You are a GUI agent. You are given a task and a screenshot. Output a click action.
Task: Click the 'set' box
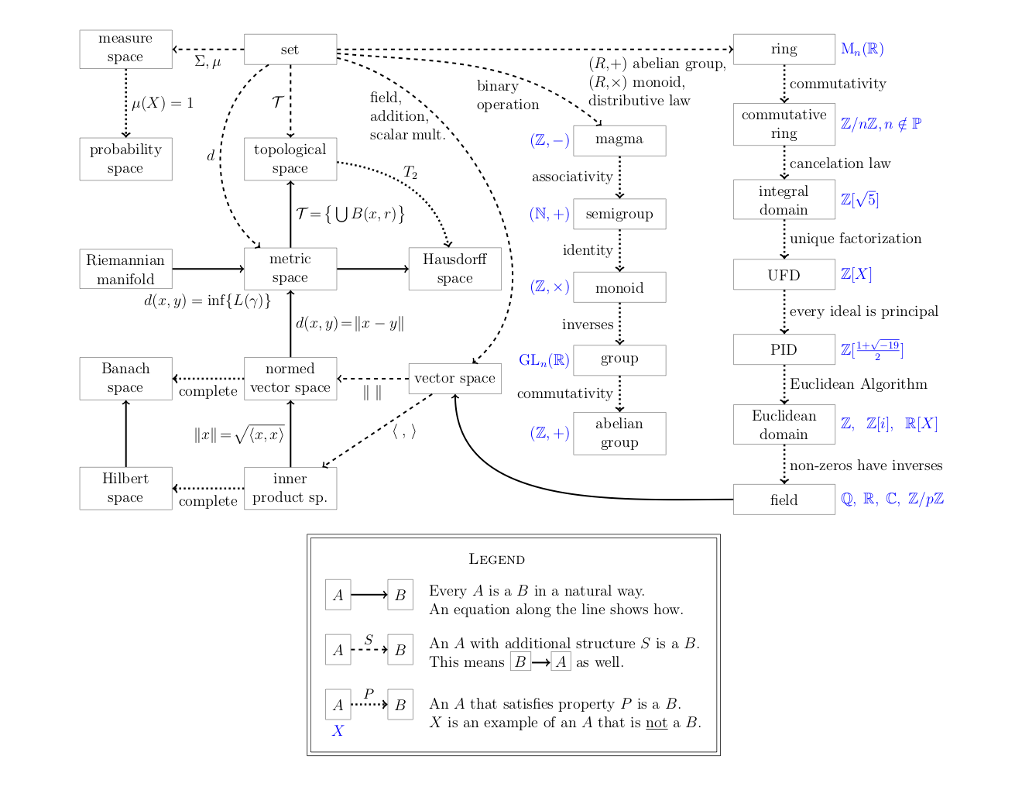click(290, 50)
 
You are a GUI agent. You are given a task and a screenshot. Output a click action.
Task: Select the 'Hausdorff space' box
click(454, 269)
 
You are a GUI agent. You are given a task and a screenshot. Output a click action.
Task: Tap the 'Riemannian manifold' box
click(125, 269)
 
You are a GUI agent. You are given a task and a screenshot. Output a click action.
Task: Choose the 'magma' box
click(619, 140)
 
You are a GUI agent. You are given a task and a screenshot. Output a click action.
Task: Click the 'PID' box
click(784, 349)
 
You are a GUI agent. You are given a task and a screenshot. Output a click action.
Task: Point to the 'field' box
click(784, 500)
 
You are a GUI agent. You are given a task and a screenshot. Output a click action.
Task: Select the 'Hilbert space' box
click(125, 488)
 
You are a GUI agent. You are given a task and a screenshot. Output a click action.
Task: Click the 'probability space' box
click(125, 159)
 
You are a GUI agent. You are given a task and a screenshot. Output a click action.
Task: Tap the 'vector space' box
click(454, 378)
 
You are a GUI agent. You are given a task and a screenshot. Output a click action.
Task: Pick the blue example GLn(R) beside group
click(544, 360)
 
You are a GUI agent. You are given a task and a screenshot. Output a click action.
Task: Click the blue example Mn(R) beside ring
click(862, 50)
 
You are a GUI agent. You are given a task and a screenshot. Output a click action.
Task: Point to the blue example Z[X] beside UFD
click(856, 274)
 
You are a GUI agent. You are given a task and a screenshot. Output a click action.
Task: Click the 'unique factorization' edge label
click(856, 239)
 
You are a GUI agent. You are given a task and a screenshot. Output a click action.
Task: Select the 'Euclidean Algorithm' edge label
click(858, 384)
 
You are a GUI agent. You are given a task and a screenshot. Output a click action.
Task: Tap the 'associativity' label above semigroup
click(572, 177)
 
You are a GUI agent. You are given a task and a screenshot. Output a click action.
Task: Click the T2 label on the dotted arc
click(410, 172)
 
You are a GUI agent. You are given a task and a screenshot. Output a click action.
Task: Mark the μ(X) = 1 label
click(163, 103)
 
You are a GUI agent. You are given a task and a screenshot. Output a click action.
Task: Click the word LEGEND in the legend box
click(497, 559)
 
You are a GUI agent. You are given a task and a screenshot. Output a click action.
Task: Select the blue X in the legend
click(338, 730)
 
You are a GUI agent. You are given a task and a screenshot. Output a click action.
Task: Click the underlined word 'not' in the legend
click(657, 723)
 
